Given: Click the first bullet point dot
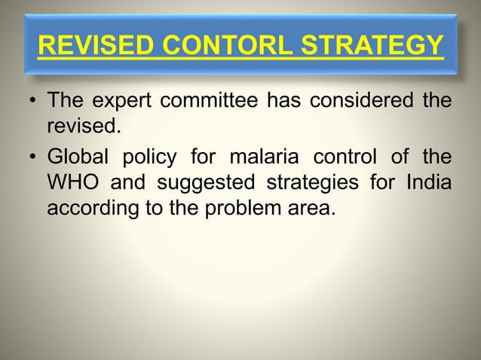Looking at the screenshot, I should tap(32, 101).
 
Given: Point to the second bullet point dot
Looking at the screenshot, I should tap(32, 157).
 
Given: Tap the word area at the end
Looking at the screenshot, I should tap(309, 207).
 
